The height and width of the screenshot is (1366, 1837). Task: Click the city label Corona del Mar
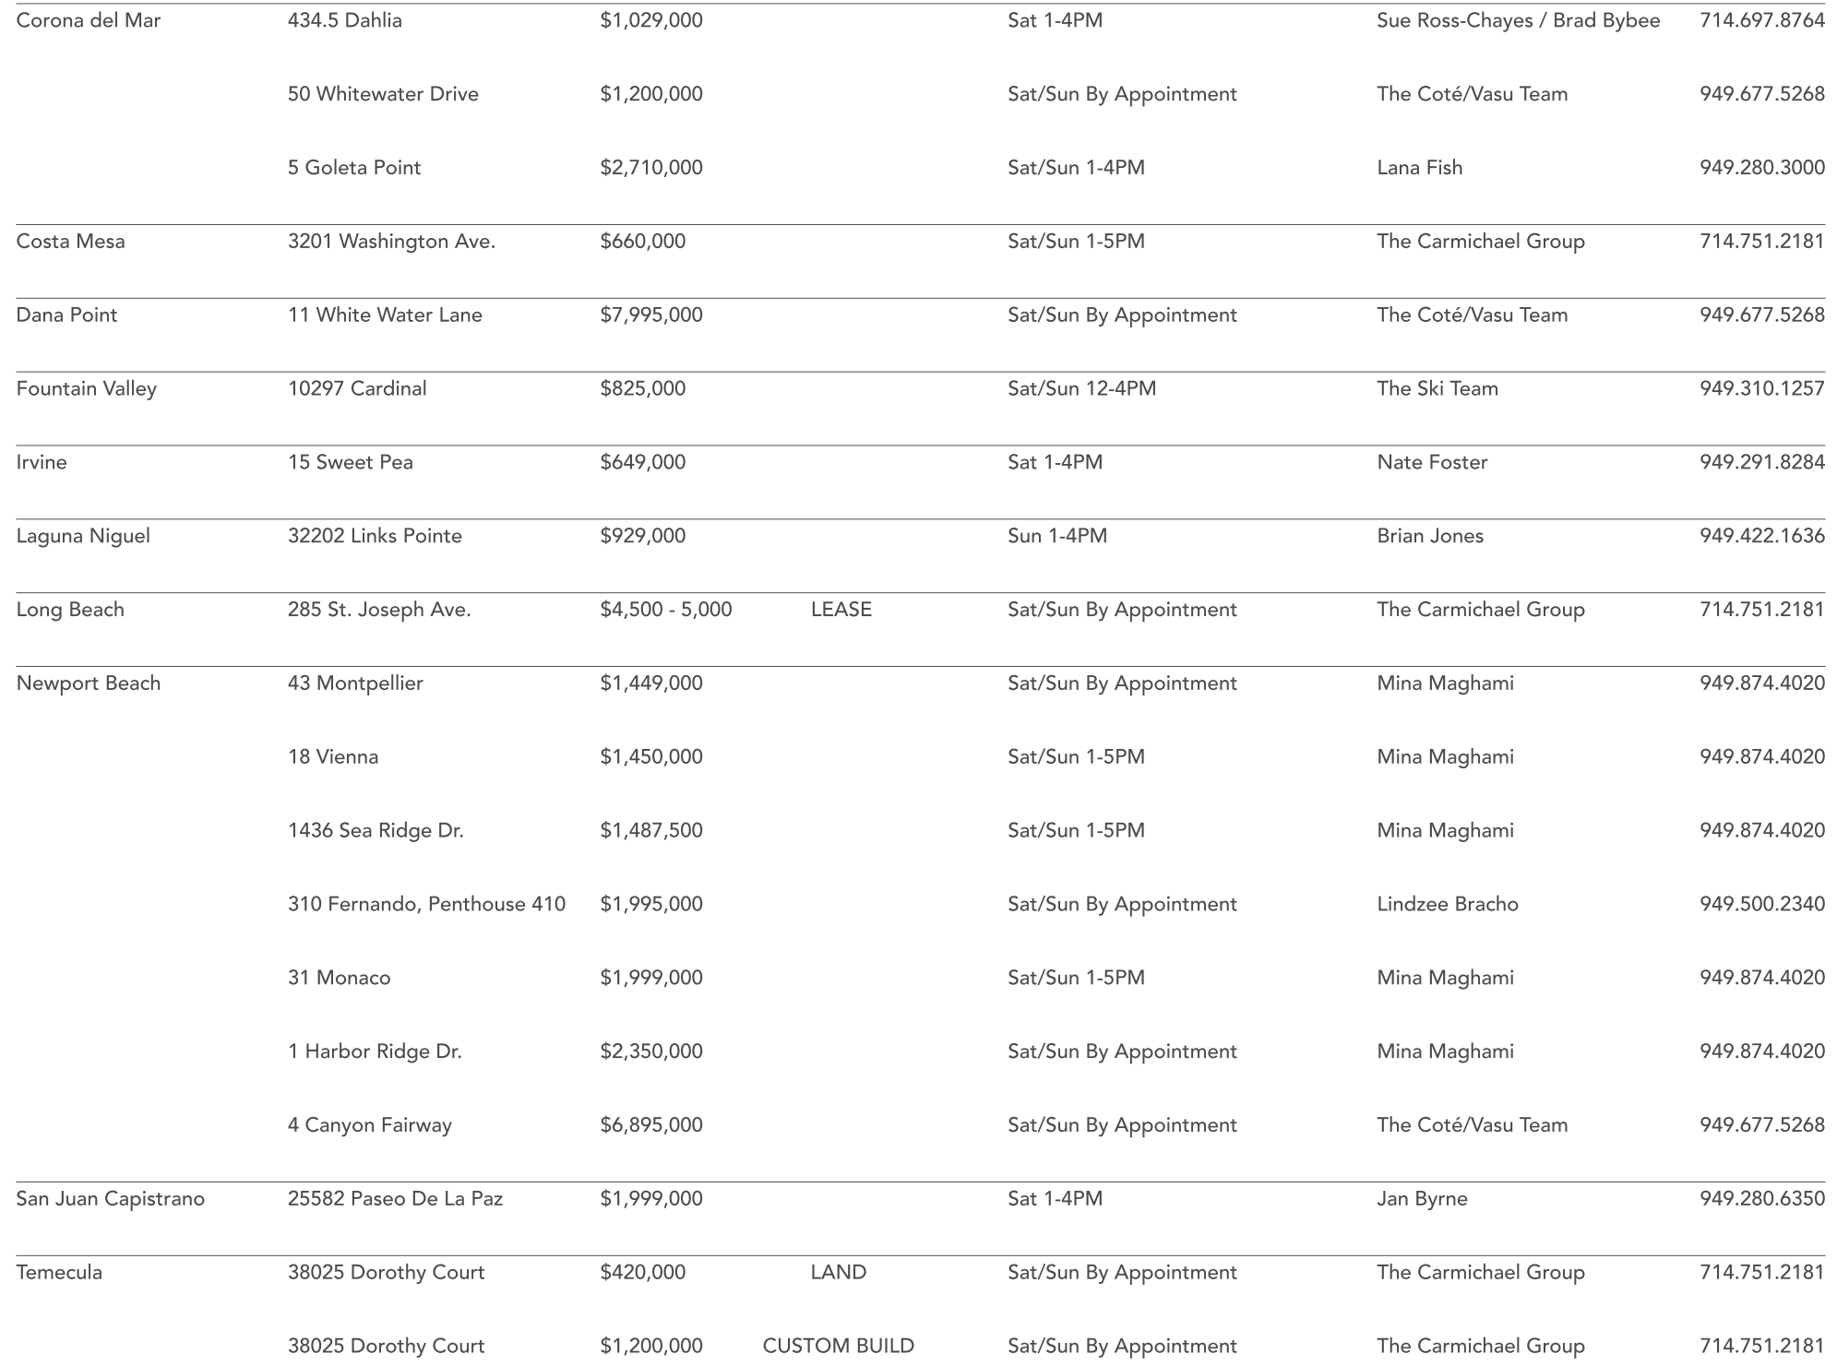tap(89, 20)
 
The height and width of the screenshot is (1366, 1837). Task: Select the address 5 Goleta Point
tap(354, 168)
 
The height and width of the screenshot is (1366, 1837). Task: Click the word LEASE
tap(841, 610)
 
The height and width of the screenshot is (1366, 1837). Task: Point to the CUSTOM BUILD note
tap(838, 1346)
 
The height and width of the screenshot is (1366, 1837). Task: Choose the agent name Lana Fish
tap(1419, 168)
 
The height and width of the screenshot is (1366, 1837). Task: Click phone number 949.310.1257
tap(1761, 388)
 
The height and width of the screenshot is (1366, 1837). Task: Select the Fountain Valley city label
tap(87, 388)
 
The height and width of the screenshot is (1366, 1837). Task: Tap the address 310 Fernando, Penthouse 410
tap(426, 904)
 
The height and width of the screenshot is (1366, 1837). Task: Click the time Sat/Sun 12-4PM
tap(1081, 388)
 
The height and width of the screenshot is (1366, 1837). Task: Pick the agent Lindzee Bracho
tap(1447, 904)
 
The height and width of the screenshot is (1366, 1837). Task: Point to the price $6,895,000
tap(651, 1125)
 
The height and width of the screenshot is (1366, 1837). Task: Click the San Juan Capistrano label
tap(111, 1199)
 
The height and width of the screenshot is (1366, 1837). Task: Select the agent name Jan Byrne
tap(1422, 1199)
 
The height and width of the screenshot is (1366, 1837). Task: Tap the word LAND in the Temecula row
tap(838, 1273)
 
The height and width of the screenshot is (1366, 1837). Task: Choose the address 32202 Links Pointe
tap(375, 536)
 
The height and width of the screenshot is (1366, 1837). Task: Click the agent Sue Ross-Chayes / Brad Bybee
tap(1518, 20)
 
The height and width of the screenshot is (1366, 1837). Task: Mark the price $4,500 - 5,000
tap(666, 610)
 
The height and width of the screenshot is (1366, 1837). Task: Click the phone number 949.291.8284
tap(1761, 462)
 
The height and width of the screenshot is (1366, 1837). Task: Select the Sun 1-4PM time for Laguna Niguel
tap(1057, 536)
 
